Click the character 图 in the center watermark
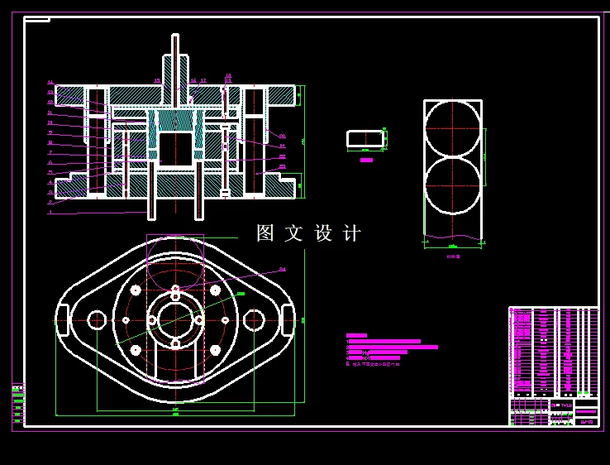pos(265,233)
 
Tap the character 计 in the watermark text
pos(351,233)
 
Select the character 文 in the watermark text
pos(293,233)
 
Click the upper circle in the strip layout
pos(452,128)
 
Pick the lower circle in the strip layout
pos(452,185)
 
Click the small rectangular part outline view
pos(365,138)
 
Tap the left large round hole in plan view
pos(97,319)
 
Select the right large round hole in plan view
pos(254,319)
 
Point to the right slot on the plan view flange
pos(288,319)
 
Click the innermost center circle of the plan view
pos(175,319)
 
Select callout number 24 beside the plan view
pos(282,269)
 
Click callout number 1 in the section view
pos(50,212)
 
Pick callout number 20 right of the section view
pos(282,136)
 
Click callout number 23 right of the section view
pos(282,166)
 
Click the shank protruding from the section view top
pos(175,58)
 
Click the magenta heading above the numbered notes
pos(356,335)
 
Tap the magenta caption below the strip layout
pos(453,257)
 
